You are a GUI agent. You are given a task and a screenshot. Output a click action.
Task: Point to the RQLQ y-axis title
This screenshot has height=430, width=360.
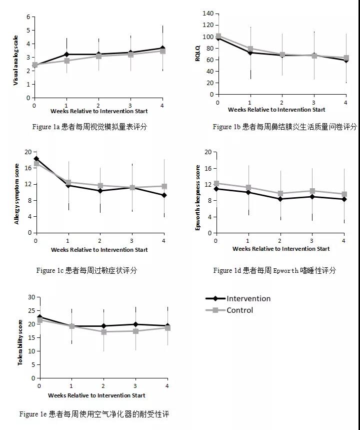[197, 54]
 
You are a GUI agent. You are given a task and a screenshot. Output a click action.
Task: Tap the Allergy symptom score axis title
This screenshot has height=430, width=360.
[16, 193]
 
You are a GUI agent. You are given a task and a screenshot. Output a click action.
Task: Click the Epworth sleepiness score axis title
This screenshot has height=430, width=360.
[197, 198]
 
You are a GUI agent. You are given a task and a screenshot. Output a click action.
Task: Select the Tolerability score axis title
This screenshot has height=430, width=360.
[20, 342]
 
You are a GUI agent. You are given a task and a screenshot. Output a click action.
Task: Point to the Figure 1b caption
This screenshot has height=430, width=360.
[284, 127]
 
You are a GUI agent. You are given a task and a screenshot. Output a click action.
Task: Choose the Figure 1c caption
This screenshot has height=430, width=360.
[86, 270]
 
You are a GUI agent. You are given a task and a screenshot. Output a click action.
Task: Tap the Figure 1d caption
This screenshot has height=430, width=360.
[274, 270]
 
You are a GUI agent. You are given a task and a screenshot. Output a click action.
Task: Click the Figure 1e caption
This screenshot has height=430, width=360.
[94, 414]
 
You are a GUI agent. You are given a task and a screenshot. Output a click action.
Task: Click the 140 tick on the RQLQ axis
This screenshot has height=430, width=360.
[207, 14]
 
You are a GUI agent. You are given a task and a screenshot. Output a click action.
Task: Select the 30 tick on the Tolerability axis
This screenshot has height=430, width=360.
[31, 297]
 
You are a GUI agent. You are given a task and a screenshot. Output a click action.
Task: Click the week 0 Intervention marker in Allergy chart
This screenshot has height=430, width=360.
[36, 159]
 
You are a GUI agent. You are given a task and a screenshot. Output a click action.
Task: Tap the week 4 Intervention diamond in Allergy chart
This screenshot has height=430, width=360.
[163, 195]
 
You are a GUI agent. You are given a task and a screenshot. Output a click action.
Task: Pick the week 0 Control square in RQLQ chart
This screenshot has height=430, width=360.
[218, 36]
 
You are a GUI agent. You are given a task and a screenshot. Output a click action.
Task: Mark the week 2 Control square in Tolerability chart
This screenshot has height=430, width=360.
[103, 332]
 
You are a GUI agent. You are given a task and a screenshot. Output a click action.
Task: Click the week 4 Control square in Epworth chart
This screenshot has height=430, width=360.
[344, 194]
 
